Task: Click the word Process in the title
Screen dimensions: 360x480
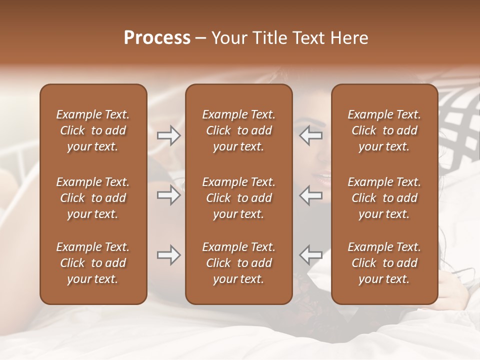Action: (157, 38)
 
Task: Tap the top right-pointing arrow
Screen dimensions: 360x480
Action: (168, 135)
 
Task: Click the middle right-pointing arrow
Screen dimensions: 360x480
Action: (168, 195)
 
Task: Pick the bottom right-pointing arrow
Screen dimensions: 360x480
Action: (168, 255)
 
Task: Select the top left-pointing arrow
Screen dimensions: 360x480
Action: (311, 135)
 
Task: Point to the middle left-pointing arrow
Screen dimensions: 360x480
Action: (311, 195)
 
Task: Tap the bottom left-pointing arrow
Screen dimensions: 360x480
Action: (311, 255)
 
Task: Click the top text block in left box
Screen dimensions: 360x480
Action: (93, 130)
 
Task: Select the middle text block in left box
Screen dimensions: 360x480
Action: (93, 198)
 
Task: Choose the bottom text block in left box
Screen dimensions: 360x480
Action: (93, 263)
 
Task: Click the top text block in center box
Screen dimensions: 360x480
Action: (238, 130)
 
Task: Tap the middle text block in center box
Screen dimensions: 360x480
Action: (238, 198)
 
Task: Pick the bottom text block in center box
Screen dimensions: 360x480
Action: (238, 263)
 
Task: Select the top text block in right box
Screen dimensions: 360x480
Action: (384, 130)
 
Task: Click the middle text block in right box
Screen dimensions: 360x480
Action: (384, 198)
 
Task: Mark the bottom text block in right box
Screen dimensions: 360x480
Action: (384, 263)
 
